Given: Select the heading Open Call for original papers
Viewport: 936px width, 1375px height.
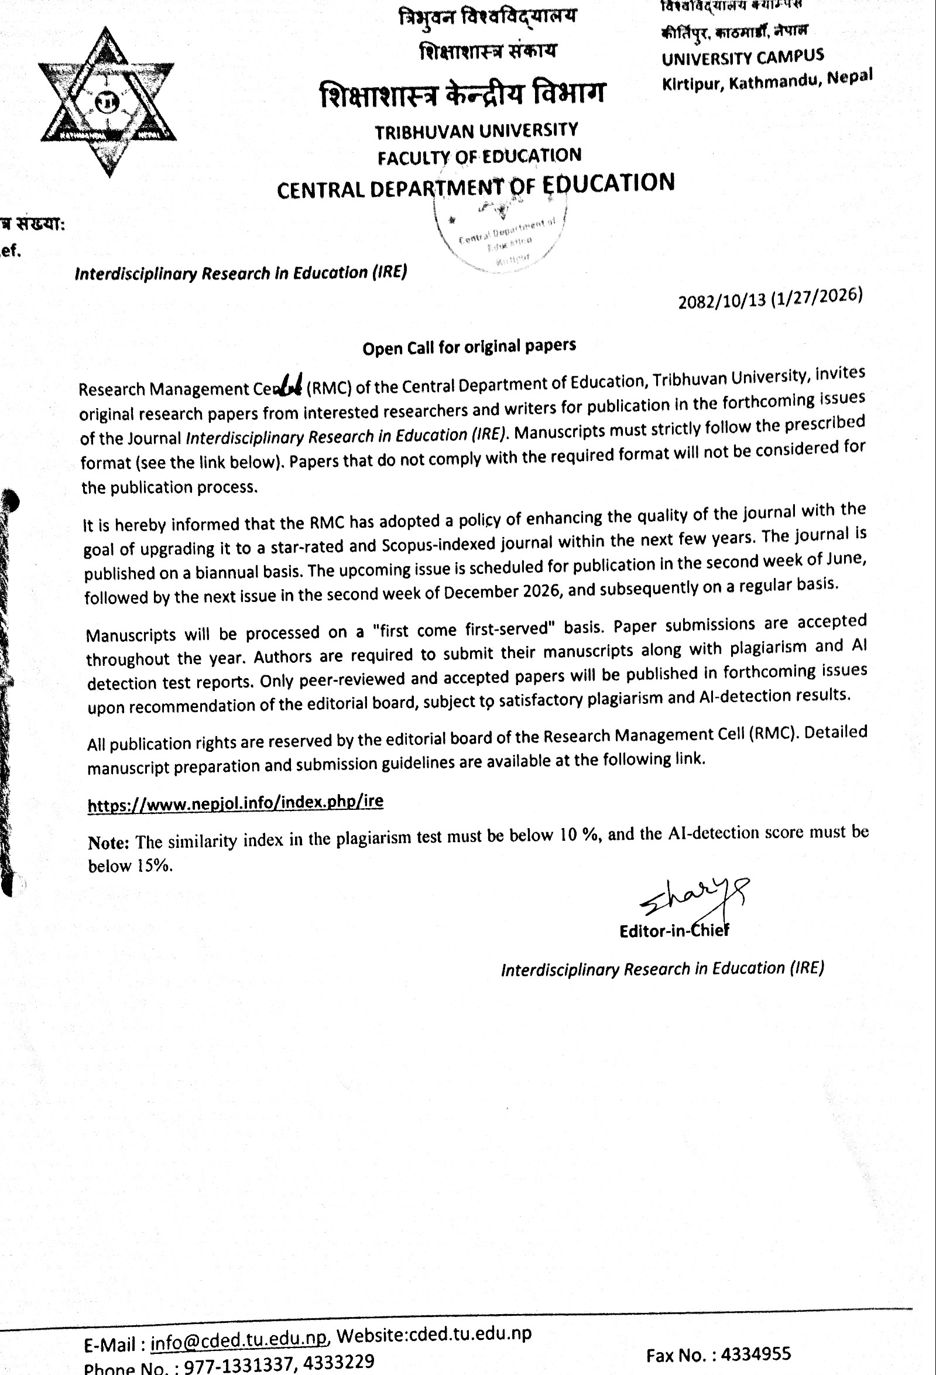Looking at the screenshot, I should pos(469,347).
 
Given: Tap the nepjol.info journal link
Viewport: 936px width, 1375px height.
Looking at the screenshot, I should pos(235,803).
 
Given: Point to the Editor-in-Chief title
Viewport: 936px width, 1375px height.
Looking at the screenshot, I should pos(674,931).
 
